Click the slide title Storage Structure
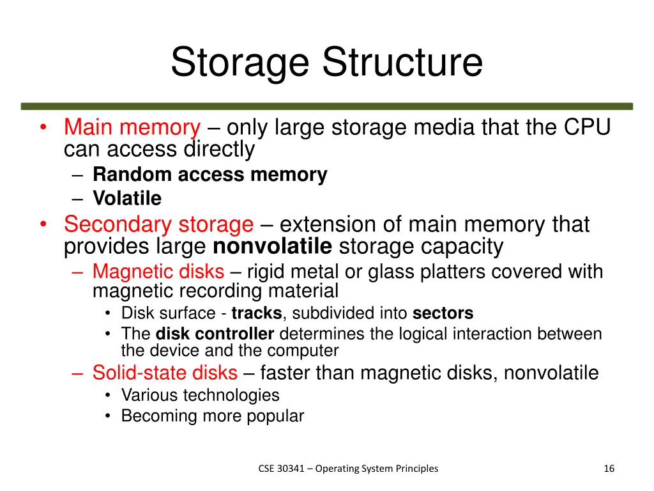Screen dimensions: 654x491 coord(326,63)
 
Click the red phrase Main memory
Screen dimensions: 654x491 coord(132,128)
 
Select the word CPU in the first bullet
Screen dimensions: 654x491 coord(588,128)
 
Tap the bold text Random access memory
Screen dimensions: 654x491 coord(209,175)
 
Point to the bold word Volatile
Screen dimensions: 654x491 coord(127,198)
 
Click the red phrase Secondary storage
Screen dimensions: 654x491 coord(158,225)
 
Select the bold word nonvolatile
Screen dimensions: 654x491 coord(272,246)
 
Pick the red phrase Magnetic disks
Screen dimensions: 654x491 coord(158,272)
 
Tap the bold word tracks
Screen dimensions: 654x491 coord(256,313)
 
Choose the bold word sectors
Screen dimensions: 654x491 coord(443,313)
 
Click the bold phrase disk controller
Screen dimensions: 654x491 coord(215,334)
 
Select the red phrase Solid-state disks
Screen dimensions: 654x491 coord(165,372)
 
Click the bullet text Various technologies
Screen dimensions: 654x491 coord(200,395)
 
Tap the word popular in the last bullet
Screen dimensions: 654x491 coord(275,416)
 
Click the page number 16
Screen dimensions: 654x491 coord(609,469)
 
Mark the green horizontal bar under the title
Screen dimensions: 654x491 coord(326,106)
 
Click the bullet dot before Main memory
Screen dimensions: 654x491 coord(42,128)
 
